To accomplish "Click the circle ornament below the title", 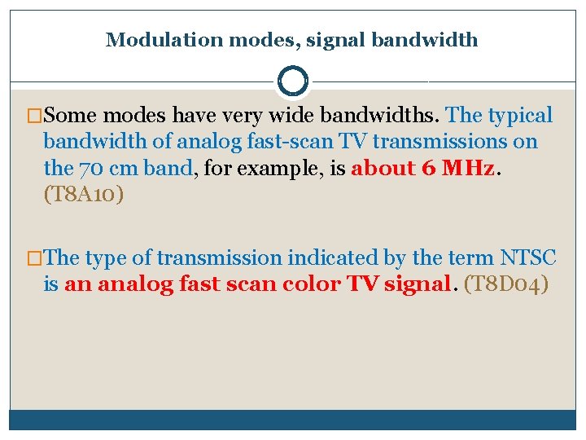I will (292, 81).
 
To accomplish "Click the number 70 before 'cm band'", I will (90, 169).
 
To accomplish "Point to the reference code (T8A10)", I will (82, 196).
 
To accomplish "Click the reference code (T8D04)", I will (505, 285).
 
